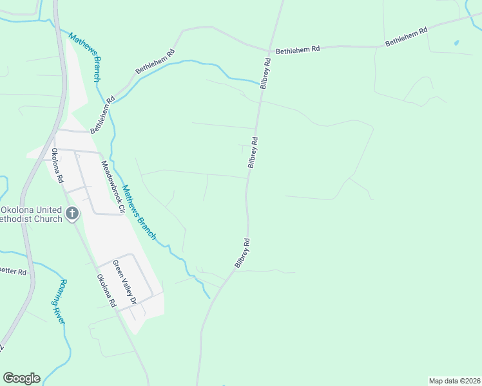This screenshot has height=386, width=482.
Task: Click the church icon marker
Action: (x=72, y=213)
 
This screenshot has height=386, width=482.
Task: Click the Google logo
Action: (x=21, y=378)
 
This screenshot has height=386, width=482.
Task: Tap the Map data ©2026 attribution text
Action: (x=455, y=381)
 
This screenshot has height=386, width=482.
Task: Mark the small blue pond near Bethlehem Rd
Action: (x=456, y=43)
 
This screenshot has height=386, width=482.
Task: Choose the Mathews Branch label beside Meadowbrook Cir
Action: (x=139, y=213)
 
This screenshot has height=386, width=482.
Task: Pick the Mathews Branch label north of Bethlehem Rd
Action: (x=84, y=57)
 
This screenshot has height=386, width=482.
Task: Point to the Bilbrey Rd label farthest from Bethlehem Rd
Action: (x=242, y=253)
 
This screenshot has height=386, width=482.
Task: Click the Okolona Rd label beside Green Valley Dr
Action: (x=106, y=291)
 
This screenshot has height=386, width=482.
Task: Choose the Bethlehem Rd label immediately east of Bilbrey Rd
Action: (x=298, y=49)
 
